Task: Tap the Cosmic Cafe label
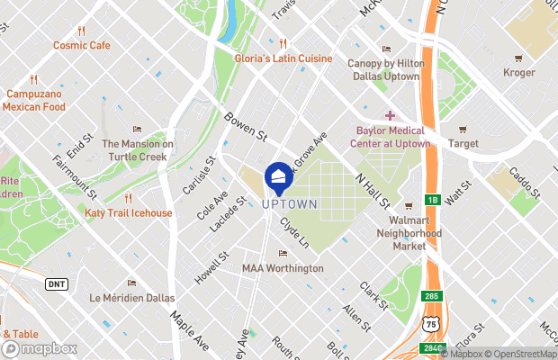point(81,45)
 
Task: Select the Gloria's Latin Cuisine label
point(283,58)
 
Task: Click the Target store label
point(463,142)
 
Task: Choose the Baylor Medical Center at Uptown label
point(390,134)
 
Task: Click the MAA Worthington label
point(283,268)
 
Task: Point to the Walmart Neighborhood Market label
point(409,232)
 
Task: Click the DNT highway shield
point(56,283)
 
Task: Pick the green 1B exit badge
point(432,199)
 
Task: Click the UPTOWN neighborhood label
point(289,204)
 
